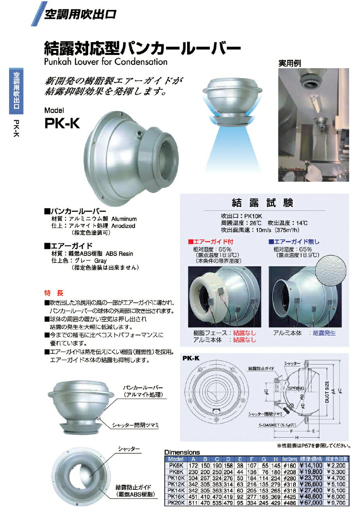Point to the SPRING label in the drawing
click(296, 388)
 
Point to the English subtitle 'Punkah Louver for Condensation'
click(106, 62)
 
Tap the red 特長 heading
click(54, 293)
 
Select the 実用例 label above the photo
click(289, 64)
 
